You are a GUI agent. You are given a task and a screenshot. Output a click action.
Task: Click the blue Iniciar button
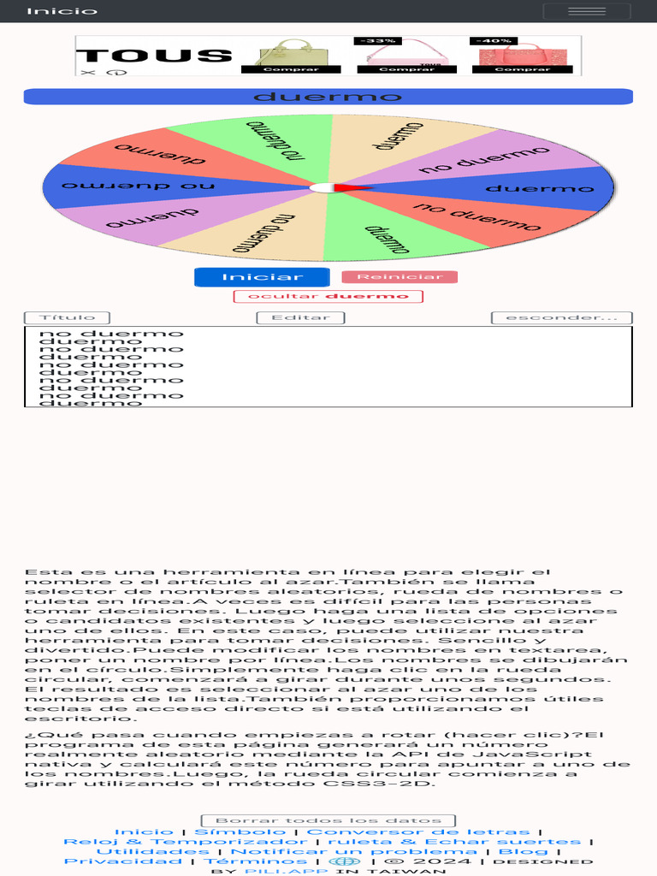[262, 277]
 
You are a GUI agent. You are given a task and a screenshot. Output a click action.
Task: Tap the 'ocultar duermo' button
[328, 297]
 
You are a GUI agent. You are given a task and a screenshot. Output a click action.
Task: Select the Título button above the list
[67, 318]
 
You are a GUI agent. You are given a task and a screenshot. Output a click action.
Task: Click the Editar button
[300, 318]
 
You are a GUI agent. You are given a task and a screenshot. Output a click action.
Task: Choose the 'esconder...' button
[561, 318]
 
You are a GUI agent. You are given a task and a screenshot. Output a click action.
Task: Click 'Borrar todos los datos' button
[328, 820]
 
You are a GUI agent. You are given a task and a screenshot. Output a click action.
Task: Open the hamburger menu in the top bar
[587, 11]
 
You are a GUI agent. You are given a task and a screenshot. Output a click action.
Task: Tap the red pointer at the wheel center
[349, 187]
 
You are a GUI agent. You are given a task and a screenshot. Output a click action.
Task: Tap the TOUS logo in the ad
[154, 56]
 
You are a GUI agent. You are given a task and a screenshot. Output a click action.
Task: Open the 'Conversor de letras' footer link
[417, 832]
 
